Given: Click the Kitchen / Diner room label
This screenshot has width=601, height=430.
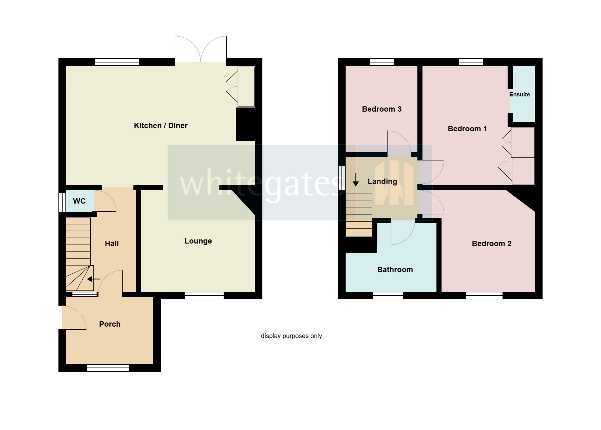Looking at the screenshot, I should (x=161, y=126).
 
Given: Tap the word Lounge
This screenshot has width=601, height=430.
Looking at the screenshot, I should (x=198, y=241).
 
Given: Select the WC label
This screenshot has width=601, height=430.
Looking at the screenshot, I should (x=79, y=201).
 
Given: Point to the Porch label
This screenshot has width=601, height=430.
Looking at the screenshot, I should (x=110, y=324).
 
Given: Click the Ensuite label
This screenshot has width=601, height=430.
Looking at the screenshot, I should (x=519, y=94).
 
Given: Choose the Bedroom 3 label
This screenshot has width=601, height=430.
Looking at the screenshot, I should (x=382, y=109).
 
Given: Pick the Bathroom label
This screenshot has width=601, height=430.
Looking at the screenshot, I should (x=395, y=270).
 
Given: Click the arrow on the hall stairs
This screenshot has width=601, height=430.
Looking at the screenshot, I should (x=94, y=279).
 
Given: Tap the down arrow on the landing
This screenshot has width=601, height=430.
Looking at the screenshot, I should (x=356, y=180).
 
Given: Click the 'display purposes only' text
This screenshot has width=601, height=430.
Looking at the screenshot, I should (x=291, y=336).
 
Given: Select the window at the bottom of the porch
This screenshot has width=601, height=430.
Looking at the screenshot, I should (x=108, y=368).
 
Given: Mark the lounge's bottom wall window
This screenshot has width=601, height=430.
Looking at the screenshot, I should (x=204, y=296).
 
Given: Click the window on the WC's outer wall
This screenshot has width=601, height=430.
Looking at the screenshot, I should (x=62, y=202).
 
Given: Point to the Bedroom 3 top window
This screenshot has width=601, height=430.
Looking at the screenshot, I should (x=382, y=62).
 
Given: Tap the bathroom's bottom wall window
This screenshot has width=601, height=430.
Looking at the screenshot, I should (x=388, y=296).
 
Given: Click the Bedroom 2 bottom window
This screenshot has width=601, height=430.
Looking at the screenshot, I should (x=484, y=296).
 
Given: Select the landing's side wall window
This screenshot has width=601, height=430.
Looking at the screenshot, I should (x=342, y=178).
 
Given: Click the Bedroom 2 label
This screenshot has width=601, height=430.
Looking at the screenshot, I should (x=491, y=244).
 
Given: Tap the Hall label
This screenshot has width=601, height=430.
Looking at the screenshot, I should (x=111, y=244).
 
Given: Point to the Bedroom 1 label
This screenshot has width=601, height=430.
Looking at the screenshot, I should (x=467, y=129).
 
